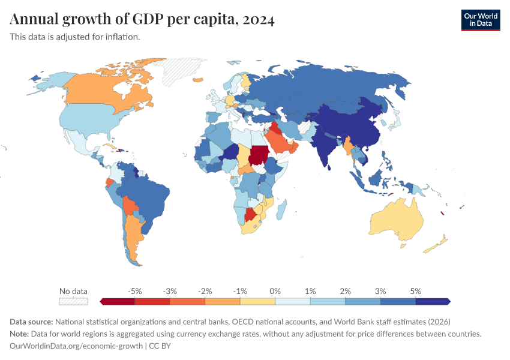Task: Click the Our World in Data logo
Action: pos(480,20)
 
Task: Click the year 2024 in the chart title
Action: pos(259,20)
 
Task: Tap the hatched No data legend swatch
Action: pos(73,301)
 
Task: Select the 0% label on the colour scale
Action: pos(275,291)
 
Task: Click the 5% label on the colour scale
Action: pos(416,291)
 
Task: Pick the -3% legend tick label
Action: pos(170,291)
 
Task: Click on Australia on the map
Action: pos(396,219)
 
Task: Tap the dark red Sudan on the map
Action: pos(259,155)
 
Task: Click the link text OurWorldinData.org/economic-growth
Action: pos(76,346)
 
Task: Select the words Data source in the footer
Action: pos(32,322)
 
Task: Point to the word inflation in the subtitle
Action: pos(122,37)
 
